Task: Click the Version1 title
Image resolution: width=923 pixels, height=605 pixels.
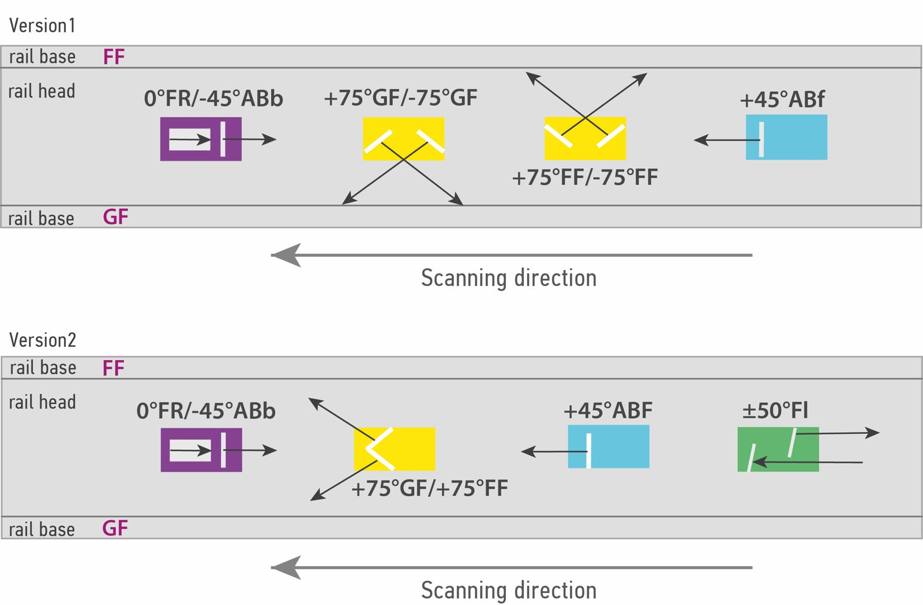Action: (x=42, y=25)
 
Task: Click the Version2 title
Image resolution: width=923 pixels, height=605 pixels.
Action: (x=43, y=340)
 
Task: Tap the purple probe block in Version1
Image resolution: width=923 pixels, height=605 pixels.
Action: (x=201, y=139)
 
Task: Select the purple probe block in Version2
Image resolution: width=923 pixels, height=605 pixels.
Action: (x=201, y=450)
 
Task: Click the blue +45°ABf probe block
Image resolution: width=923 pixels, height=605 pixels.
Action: (x=786, y=137)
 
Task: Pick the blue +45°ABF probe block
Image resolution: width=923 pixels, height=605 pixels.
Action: (x=608, y=447)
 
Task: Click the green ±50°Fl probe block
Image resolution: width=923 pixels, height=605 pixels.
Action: (x=778, y=449)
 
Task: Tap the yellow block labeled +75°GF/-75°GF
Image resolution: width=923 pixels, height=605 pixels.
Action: (x=403, y=139)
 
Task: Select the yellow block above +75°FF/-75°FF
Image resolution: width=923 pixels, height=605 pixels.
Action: (x=585, y=138)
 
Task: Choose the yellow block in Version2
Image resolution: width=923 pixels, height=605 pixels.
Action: (x=395, y=449)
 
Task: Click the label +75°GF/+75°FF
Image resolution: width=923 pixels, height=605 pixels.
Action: (x=429, y=489)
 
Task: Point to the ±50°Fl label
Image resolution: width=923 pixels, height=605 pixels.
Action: (x=775, y=410)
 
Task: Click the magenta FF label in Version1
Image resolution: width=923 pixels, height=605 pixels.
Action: (x=114, y=57)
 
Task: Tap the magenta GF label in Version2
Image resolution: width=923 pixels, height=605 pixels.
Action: (x=115, y=528)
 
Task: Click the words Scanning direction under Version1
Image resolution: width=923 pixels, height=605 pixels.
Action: (x=509, y=278)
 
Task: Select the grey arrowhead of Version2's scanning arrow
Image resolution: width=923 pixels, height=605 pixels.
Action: (x=286, y=568)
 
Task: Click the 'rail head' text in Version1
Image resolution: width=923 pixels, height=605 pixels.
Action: (x=42, y=91)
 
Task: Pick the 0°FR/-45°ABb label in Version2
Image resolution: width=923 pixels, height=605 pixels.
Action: (x=206, y=411)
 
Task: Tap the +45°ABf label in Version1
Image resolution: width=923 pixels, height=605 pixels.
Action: (x=782, y=99)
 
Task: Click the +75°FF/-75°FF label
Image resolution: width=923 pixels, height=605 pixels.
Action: (x=585, y=177)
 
